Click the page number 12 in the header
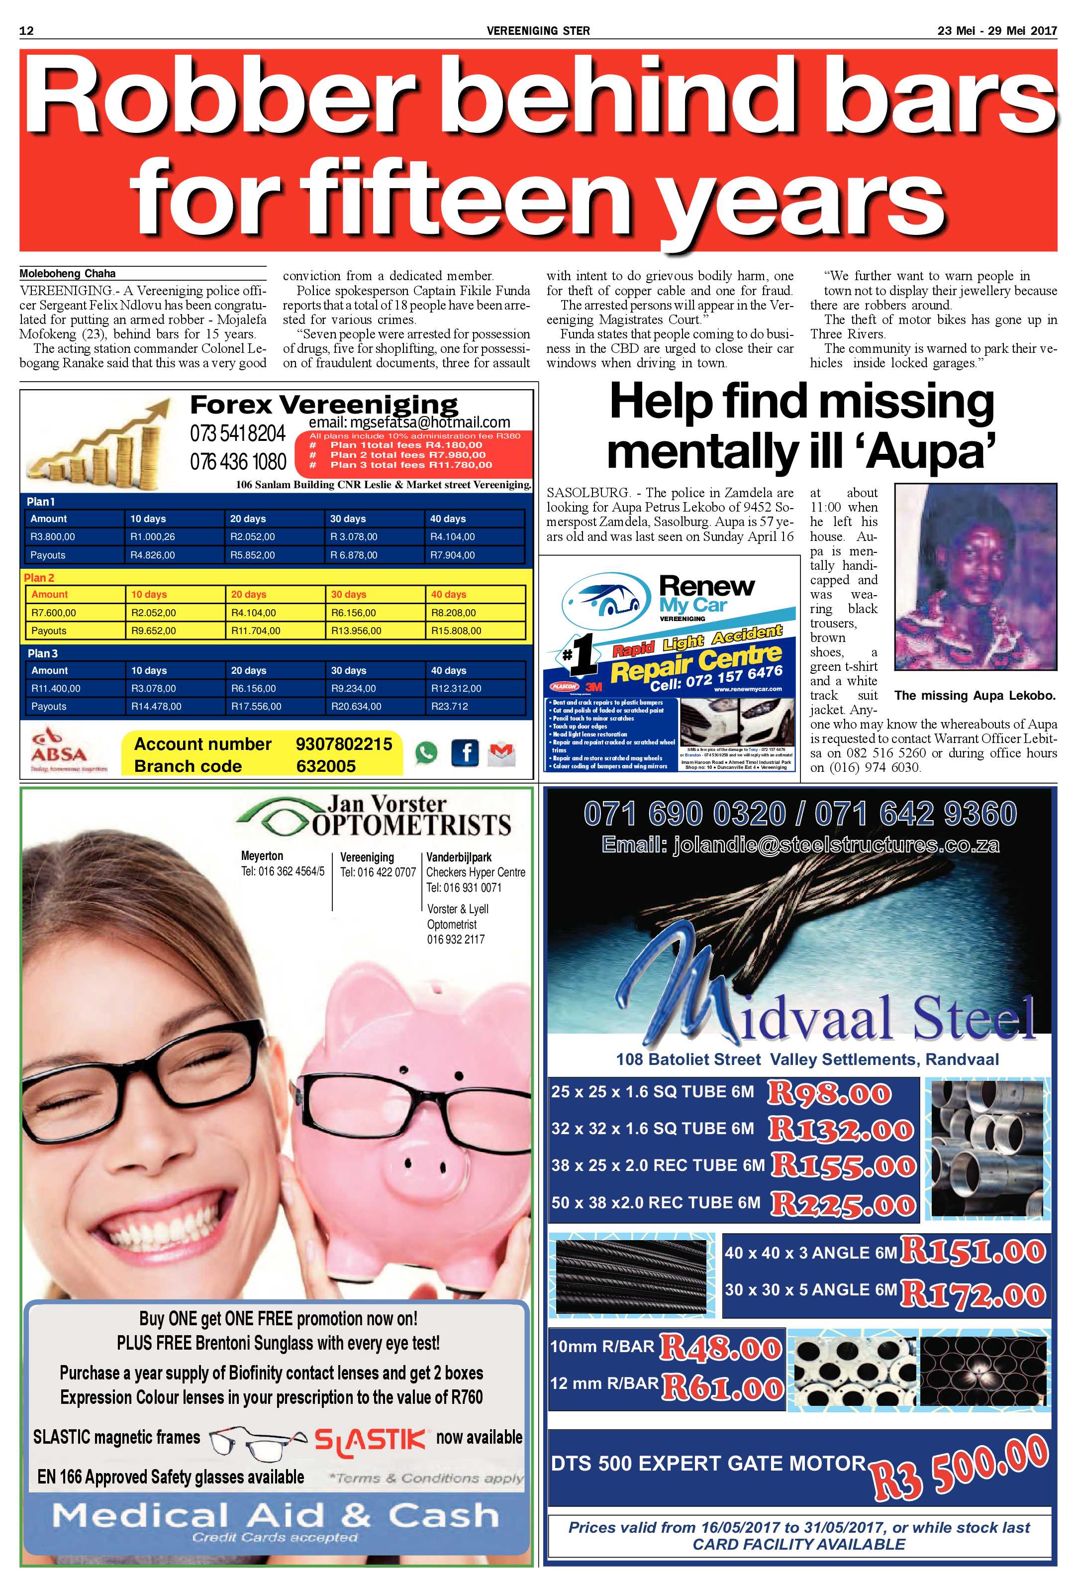(x=27, y=31)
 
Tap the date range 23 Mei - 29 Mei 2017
(x=996, y=31)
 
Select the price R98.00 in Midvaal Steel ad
(x=829, y=1093)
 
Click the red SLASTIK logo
(x=370, y=1438)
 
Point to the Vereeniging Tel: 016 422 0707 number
(x=378, y=872)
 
